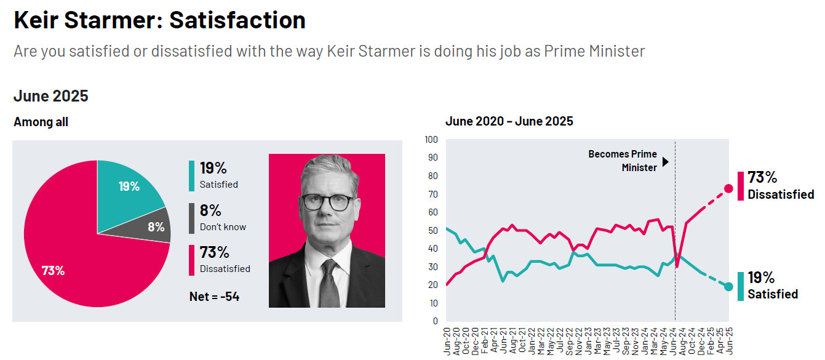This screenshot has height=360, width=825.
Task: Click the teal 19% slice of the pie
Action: (126, 191)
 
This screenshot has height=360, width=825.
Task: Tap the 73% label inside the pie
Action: (53, 270)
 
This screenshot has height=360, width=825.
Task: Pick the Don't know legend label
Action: (223, 227)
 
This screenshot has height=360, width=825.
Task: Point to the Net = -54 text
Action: (214, 297)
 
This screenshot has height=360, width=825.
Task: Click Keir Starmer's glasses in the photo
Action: (327, 202)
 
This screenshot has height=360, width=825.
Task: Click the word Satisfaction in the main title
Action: (237, 20)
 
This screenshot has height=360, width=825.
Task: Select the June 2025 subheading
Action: (51, 96)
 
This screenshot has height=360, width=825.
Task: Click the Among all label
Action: (41, 122)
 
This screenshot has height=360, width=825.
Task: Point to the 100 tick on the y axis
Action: (431, 140)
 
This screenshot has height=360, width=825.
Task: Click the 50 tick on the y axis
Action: (433, 231)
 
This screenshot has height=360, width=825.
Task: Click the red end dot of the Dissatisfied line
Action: (728, 189)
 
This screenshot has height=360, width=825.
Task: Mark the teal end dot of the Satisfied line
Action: (728, 286)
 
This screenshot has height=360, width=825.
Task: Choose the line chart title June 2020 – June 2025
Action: (509, 121)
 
